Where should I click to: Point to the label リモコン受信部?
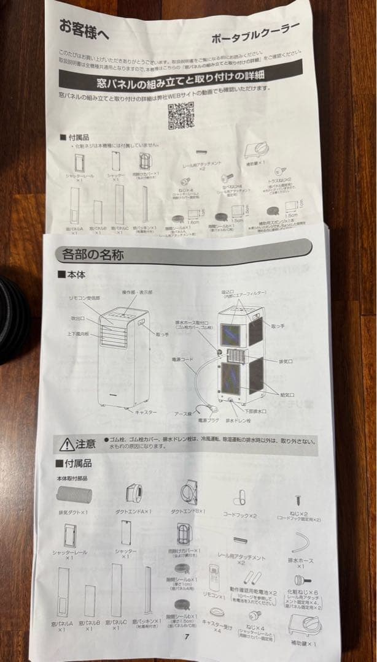coord(84,297)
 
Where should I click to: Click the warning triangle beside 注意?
coord(66,444)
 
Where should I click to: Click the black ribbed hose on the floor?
coord(12,319)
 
